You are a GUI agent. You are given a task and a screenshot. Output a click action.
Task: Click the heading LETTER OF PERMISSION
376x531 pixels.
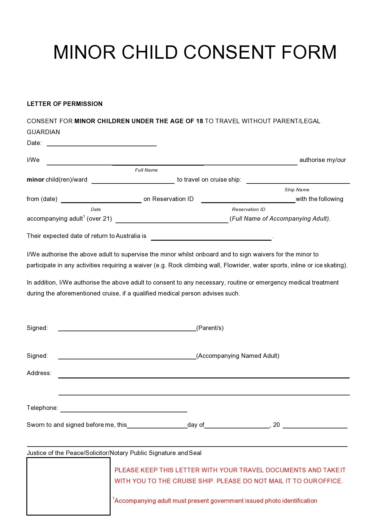[x=65, y=104]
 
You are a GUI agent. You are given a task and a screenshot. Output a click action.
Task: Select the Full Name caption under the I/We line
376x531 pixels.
[x=146, y=170]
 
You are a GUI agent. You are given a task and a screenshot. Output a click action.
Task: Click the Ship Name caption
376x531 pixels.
[x=297, y=190]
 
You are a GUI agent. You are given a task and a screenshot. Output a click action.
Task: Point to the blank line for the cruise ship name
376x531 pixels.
[x=298, y=182]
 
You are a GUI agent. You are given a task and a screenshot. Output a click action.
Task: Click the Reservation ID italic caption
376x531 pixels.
[x=248, y=209]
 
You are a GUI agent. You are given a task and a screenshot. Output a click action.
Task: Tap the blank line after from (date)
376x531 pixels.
[x=101, y=202]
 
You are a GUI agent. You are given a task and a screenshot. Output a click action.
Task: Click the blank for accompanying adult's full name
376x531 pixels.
[x=172, y=222]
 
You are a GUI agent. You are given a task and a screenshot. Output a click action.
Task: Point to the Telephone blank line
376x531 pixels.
[x=124, y=411]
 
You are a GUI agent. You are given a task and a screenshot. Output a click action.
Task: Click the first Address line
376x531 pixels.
[x=204, y=377]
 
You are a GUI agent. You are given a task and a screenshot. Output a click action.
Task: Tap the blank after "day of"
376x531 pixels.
[x=237, y=427]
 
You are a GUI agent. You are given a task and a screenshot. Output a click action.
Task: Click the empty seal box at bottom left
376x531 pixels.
[x=68, y=486]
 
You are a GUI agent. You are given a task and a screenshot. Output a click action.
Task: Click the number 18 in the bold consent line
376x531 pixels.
[x=199, y=121]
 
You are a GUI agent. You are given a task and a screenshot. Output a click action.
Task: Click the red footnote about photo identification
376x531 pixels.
[x=215, y=501]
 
